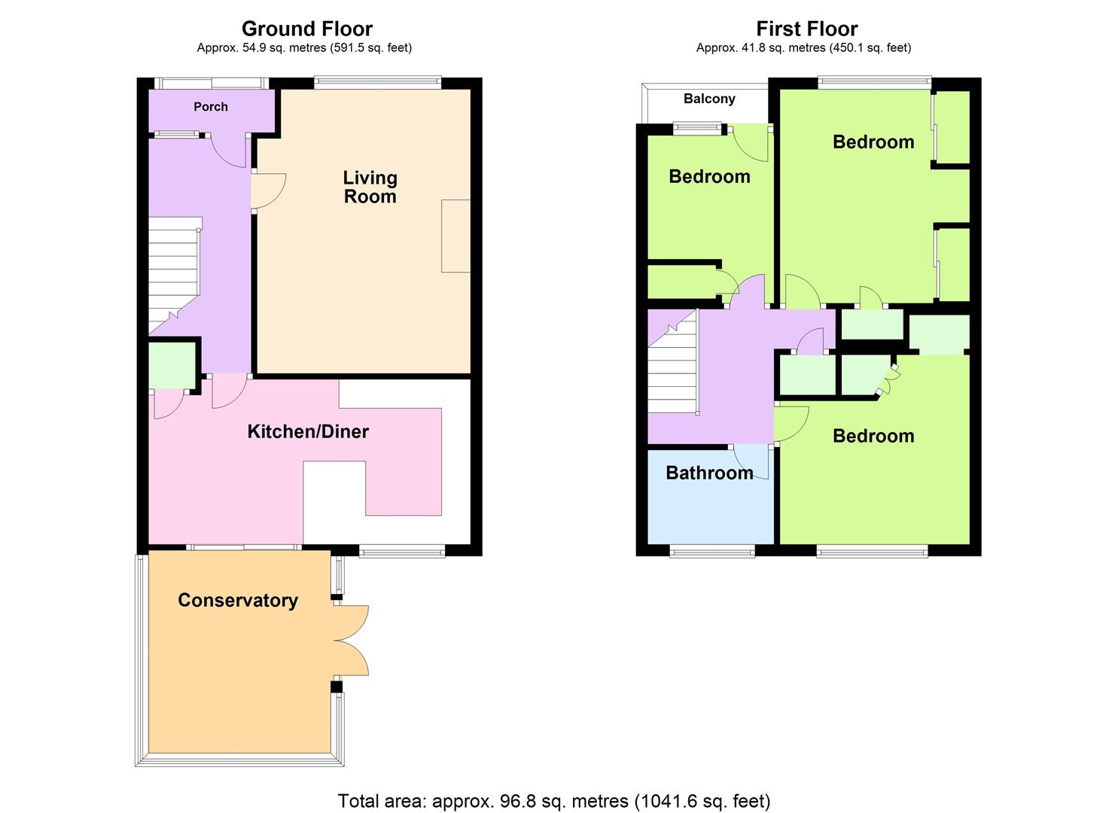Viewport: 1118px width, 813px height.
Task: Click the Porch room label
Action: [x=211, y=107]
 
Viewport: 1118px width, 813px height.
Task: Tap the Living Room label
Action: [x=370, y=187]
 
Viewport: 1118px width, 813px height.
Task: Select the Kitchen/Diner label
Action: [x=308, y=431]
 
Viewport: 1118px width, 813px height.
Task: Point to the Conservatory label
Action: [x=238, y=600]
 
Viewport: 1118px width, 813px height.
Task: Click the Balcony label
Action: [x=709, y=99]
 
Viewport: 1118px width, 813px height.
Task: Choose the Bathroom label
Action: [x=709, y=473]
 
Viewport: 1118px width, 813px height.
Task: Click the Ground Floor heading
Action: [x=306, y=29]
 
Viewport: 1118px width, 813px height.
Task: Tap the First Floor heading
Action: [x=806, y=29]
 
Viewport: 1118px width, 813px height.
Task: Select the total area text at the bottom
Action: [x=554, y=800]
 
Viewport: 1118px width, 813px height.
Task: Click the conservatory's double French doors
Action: [x=351, y=641]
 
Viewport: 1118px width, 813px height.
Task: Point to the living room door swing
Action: [x=269, y=189]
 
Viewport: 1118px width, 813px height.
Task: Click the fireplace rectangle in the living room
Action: [x=455, y=236]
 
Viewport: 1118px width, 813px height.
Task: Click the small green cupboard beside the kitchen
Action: [x=172, y=364]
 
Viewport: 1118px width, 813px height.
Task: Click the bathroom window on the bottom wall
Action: [x=711, y=553]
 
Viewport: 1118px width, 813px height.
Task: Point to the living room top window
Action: [x=377, y=81]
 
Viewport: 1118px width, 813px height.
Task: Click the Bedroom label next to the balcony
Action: [x=709, y=176]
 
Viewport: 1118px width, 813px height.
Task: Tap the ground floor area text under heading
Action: [x=304, y=48]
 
